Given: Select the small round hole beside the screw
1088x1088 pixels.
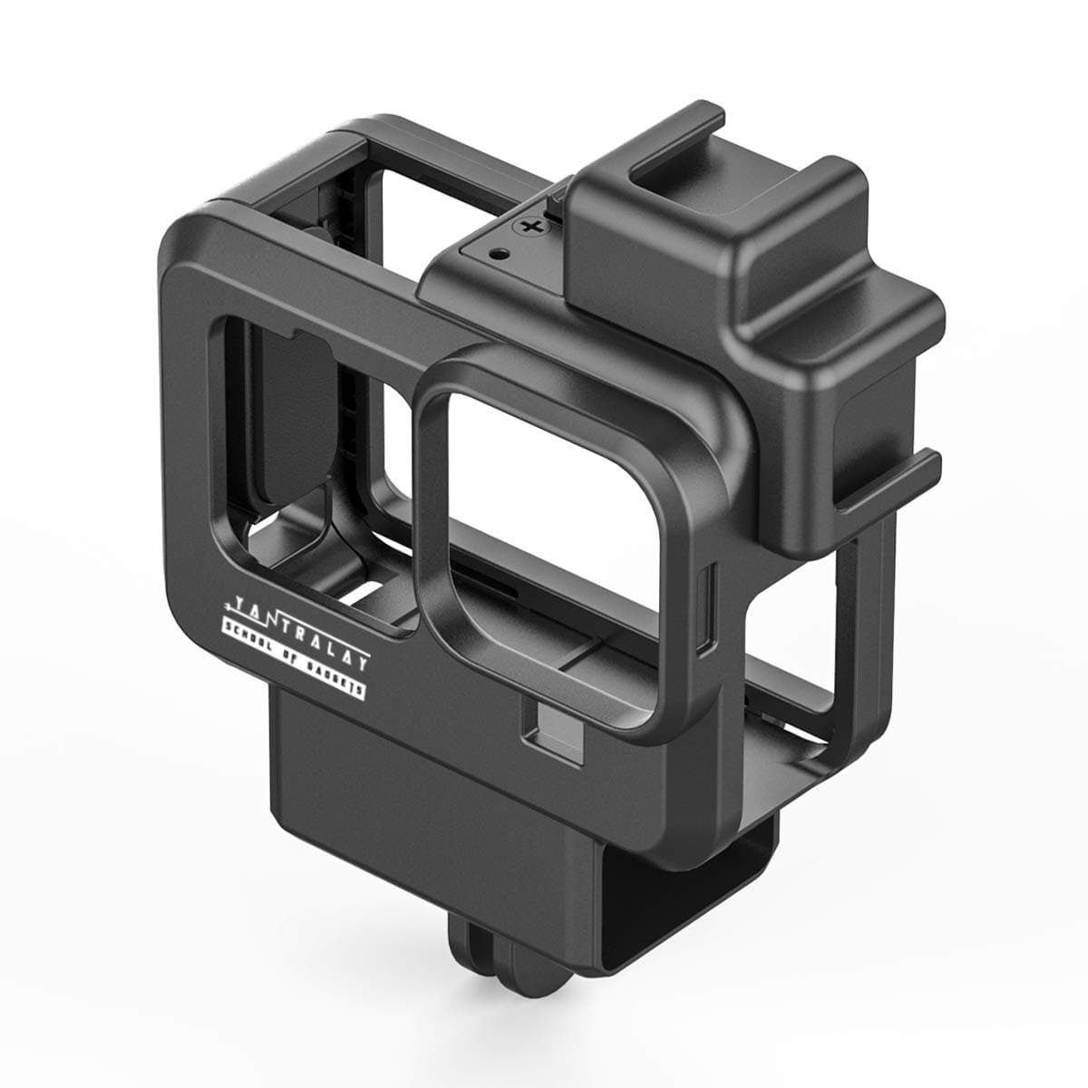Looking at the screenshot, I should tap(496, 254).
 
